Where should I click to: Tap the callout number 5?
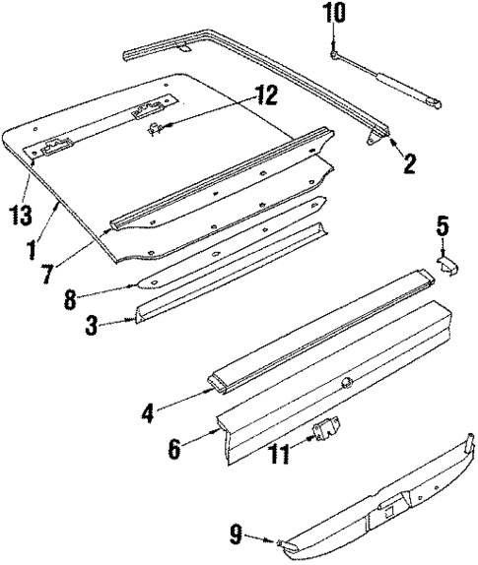tap(443, 227)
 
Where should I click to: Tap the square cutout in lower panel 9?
tap(387, 509)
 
